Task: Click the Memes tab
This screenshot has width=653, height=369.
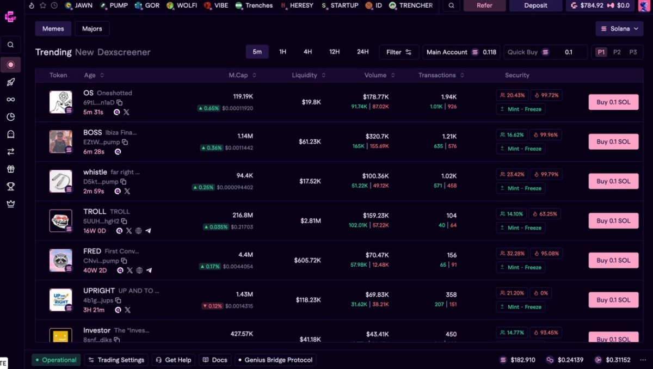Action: click(x=53, y=29)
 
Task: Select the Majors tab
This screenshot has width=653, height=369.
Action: click(x=92, y=29)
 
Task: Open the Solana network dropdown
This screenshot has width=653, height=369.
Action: click(x=619, y=29)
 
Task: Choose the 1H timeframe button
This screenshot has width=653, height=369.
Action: click(x=282, y=52)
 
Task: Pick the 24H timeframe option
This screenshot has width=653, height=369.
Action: click(x=362, y=52)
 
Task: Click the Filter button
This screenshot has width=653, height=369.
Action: click(x=399, y=52)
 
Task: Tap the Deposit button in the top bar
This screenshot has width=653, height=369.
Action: click(x=535, y=5)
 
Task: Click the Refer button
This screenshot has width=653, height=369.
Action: click(x=484, y=5)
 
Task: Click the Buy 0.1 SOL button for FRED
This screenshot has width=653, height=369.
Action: click(x=613, y=260)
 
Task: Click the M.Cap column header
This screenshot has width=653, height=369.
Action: click(x=242, y=75)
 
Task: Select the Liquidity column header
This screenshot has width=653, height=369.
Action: click(x=309, y=75)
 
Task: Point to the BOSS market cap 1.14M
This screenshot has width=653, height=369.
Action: click(x=245, y=136)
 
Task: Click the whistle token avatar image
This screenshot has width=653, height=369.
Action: click(x=60, y=181)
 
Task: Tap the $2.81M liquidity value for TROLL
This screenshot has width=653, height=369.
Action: click(x=311, y=221)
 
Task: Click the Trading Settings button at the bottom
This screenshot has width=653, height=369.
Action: click(x=116, y=360)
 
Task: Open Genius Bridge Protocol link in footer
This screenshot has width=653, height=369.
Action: click(x=275, y=360)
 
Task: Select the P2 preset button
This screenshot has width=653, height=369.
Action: click(x=617, y=52)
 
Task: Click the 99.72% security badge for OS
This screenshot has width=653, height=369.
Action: click(x=546, y=95)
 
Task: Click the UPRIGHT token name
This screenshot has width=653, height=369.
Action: click(x=99, y=291)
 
